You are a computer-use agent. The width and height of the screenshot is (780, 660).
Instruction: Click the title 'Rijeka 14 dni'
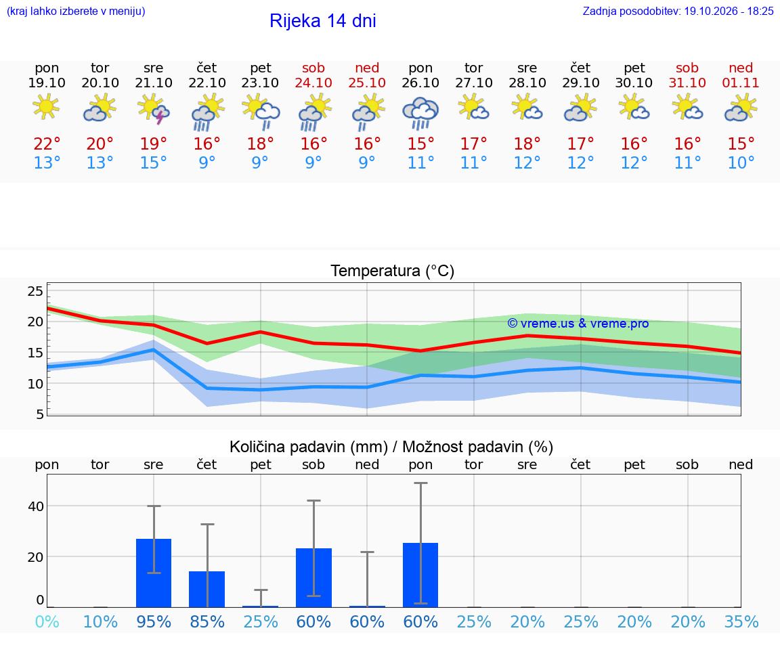tap(323, 21)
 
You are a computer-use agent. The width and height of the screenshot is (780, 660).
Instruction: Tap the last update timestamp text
tap(678, 11)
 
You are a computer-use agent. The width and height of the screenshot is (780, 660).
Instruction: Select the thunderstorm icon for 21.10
tap(154, 109)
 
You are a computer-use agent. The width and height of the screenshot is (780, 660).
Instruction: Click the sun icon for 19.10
tap(46, 106)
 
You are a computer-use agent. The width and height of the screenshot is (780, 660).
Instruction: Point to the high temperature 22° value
tap(47, 144)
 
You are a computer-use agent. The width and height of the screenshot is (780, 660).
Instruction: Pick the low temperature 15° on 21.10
tap(153, 162)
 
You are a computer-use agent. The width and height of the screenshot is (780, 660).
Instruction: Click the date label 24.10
tap(313, 83)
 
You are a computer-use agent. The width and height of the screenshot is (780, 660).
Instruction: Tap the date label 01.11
tap(741, 83)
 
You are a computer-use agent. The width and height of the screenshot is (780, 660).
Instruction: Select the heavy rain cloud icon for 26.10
tap(420, 113)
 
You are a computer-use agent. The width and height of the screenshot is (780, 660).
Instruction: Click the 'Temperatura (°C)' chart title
tap(393, 271)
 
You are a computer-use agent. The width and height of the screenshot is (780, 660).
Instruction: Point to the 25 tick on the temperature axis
tap(35, 291)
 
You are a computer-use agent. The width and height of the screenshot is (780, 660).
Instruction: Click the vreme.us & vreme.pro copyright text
tap(578, 324)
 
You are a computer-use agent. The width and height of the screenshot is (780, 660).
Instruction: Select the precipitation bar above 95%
tap(154, 573)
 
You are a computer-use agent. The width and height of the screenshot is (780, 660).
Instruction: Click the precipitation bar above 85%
tap(207, 590)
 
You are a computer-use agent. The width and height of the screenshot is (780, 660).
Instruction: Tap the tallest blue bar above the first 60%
tap(314, 578)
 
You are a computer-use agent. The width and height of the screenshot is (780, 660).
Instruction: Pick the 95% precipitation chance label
tap(154, 621)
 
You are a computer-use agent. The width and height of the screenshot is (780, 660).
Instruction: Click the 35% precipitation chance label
tap(741, 621)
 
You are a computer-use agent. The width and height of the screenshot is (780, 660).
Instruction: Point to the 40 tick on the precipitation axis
tap(36, 506)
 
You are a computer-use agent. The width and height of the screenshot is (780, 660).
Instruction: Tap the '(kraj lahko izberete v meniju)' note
tap(76, 11)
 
